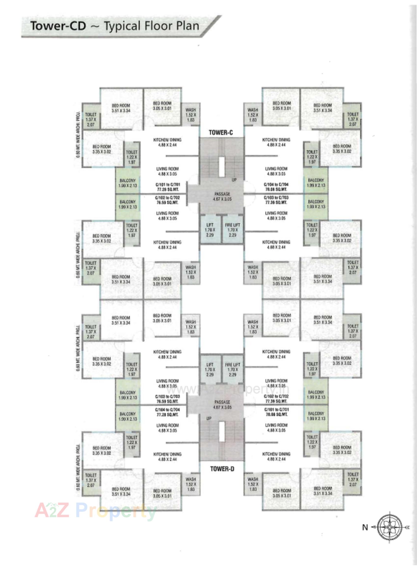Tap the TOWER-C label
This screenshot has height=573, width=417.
click(221, 133)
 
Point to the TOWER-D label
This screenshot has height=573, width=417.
click(222, 469)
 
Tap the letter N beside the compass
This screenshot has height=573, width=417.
click(365, 528)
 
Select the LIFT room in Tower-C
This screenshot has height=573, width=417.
click(210, 229)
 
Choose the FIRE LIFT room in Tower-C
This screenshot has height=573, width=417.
click(232, 229)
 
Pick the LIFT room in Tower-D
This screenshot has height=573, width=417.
click(210, 369)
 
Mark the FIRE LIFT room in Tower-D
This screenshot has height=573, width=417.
click(232, 369)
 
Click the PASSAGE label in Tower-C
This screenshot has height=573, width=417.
click(222, 196)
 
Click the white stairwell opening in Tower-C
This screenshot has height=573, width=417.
click(222, 167)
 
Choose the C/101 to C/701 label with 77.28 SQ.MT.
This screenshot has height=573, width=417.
click(168, 187)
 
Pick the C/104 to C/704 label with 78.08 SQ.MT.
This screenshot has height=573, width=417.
click(276, 187)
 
